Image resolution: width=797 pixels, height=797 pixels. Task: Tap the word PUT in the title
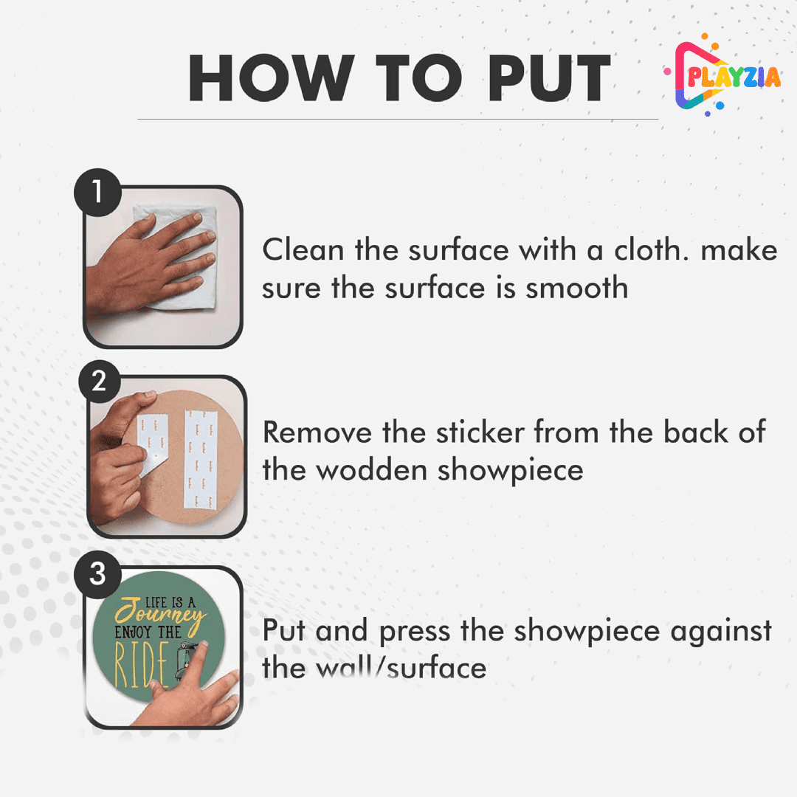coord(548,77)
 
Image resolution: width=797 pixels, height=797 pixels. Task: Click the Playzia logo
coord(721,75)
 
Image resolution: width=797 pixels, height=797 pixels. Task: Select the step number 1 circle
coord(97,193)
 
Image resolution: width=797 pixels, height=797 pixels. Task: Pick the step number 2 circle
coord(100,382)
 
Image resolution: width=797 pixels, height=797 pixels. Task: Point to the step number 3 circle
coord(97,574)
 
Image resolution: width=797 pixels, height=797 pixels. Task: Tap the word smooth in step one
coord(577,288)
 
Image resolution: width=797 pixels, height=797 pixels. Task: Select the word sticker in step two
coord(480,432)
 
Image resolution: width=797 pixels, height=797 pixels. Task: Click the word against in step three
coord(721,632)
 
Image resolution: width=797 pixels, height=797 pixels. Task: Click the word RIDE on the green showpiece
coord(141,664)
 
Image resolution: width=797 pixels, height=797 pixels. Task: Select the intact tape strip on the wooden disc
coord(200,460)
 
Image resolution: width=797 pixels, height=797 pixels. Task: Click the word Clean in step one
coord(303,249)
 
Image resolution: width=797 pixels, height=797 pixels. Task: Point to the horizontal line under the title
coord(398,120)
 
